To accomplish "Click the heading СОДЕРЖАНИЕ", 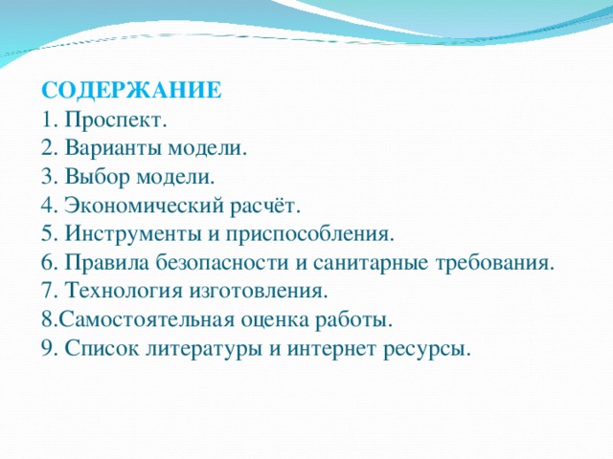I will [x=132, y=92].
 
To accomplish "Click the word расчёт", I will [x=267, y=207].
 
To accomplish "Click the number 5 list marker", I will [x=49, y=235].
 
